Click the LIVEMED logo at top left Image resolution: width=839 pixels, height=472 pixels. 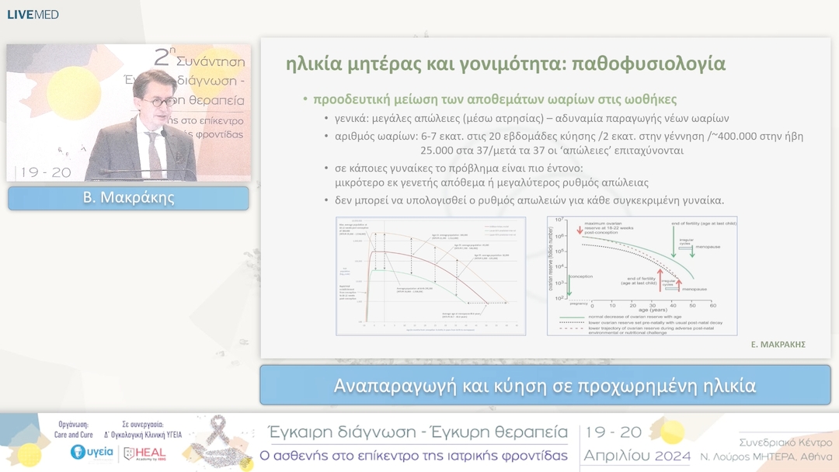(x=33, y=14)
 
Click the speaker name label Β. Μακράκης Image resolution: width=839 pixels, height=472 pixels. (x=128, y=198)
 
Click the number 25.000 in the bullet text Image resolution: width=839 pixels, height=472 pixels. (x=440, y=151)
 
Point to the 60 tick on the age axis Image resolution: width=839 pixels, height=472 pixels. (x=712, y=304)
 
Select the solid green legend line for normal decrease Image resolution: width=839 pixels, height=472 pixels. (x=572, y=317)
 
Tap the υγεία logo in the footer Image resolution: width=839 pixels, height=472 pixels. (x=92, y=452)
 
